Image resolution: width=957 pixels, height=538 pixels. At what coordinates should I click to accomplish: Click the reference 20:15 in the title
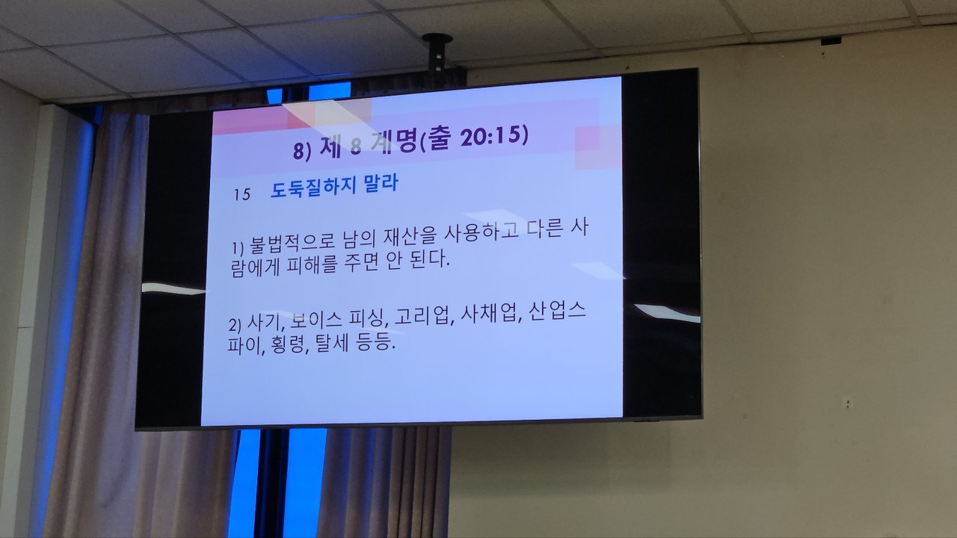(494, 136)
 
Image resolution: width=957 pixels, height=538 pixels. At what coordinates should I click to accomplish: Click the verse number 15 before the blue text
(241, 194)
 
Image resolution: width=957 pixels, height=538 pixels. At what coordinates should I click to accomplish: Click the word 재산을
(410, 238)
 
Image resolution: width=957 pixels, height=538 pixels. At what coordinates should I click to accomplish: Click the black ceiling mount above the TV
(437, 55)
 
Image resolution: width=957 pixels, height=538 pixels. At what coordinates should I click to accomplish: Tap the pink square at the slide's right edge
(597, 147)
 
